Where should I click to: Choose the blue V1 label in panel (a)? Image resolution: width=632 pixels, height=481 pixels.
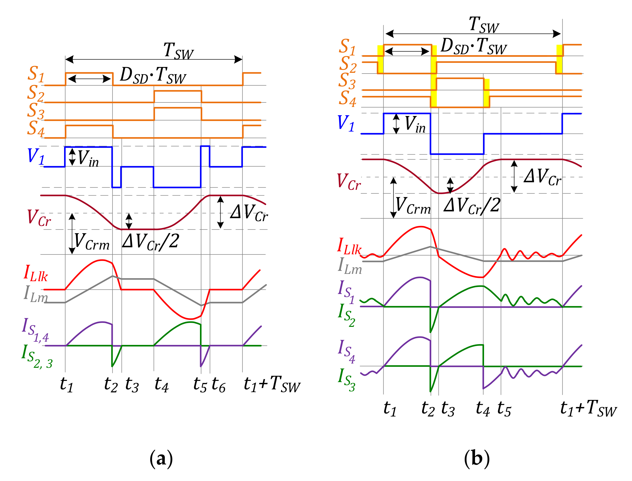coord(36,156)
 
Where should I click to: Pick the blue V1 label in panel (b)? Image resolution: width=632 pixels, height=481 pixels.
coord(346,123)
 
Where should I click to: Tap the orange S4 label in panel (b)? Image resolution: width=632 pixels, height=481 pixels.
coord(347,99)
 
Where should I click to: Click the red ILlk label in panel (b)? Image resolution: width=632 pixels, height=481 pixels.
coord(349,247)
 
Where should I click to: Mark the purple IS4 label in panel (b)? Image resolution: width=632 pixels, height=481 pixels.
coord(346,351)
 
